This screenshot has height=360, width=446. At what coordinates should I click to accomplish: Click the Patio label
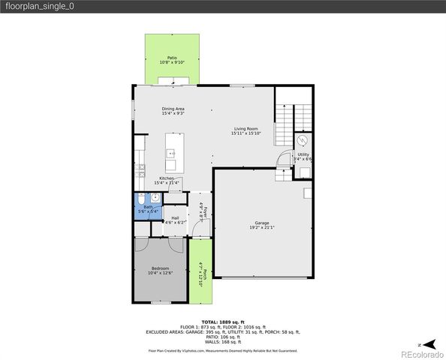[x=172, y=57]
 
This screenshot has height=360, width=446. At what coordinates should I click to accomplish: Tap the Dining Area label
[x=173, y=109]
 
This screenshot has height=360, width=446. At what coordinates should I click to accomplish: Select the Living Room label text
[x=246, y=128]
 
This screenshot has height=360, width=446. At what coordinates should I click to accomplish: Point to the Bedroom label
[x=160, y=268]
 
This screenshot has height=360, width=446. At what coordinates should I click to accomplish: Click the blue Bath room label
[x=148, y=207]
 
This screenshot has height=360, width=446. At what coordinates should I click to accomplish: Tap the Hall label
[x=174, y=217]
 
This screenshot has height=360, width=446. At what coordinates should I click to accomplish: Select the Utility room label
[x=303, y=154]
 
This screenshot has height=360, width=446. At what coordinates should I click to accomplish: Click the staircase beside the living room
[x=290, y=124]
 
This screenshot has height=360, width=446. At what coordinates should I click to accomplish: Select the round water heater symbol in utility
[x=303, y=140]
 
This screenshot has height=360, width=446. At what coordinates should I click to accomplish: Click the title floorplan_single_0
[x=39, y=6]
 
